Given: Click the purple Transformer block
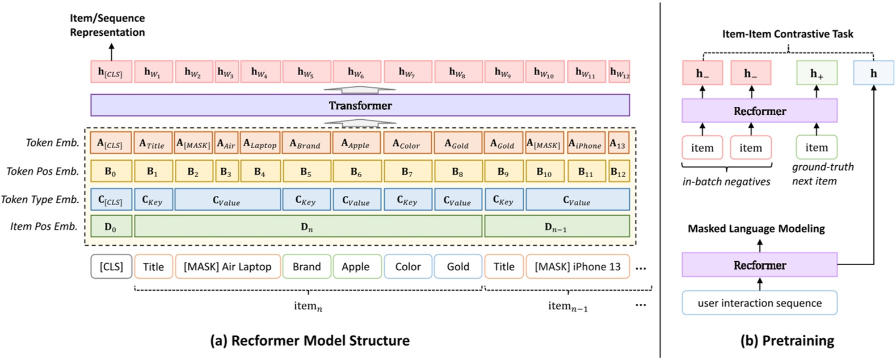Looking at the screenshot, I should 360,105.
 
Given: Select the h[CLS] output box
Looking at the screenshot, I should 111,72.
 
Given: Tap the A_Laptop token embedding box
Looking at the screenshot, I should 260,144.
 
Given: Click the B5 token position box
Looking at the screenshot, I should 306,171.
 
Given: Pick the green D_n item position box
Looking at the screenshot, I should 307,227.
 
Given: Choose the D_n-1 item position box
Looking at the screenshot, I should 556,227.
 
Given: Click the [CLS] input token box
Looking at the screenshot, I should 111,266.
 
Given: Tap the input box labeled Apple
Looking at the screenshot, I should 356,266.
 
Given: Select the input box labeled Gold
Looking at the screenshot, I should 458,266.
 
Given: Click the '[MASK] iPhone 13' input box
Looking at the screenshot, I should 578,266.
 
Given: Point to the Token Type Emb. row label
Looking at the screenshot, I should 40,199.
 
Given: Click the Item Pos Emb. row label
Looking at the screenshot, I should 44,227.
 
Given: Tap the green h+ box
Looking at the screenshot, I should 817,73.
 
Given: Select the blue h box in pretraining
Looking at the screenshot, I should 873,73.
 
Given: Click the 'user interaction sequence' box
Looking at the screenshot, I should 759,303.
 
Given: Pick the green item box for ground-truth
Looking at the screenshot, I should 817,148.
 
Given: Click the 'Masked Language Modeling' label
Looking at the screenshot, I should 756,228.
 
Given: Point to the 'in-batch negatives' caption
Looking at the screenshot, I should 726,182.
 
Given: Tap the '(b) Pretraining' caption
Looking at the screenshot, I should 787,341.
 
